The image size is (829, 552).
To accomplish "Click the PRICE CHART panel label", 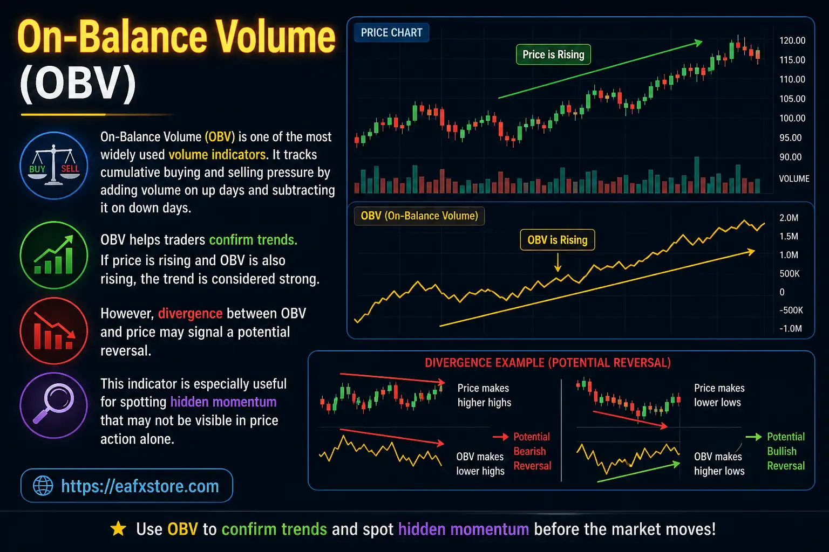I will click(391, 33).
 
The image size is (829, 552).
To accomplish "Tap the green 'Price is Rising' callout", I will click(553, 54).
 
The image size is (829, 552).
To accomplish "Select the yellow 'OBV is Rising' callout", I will click(557, 240).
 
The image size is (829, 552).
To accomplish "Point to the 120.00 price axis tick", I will click(792, 40).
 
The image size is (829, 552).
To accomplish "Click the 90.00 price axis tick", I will click(790, 157).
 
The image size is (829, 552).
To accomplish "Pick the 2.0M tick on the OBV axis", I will click(789, 218).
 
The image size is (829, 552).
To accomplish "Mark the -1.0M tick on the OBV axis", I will click(790, 328).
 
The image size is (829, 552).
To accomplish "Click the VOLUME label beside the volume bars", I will click(794, 178).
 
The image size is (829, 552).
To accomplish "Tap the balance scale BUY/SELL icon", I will click(54, 165).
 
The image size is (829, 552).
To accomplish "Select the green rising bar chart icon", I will click(54, 256).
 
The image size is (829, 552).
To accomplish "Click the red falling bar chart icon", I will click(54, 331).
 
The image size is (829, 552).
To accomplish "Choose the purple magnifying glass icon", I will click(54, 405).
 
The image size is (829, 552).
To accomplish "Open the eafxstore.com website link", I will click(139, 486).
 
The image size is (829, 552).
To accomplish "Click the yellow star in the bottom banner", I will click(118, 529).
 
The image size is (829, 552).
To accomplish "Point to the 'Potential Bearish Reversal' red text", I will click(532, 451).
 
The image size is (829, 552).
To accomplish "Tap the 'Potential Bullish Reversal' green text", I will click(785, 451).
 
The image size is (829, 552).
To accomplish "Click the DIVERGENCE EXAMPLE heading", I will click(547, 363).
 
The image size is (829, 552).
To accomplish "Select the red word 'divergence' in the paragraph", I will click(190, 314).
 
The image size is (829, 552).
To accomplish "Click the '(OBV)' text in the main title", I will click(78, 85).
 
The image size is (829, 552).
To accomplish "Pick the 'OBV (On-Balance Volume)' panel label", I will click(419, 216).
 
